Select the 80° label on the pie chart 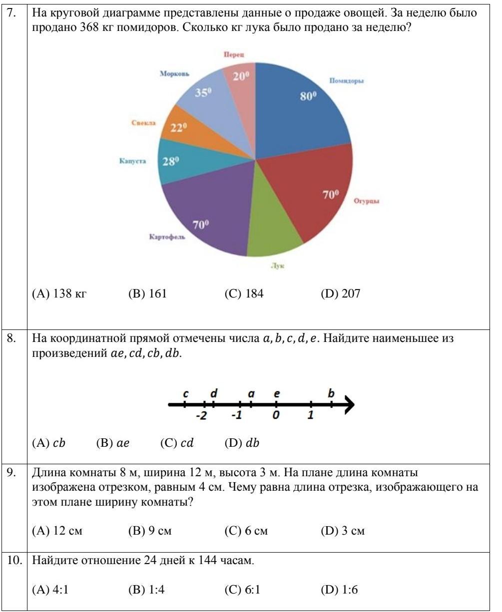[308, 96]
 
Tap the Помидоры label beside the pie [346, 81]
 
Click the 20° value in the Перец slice [241, 76]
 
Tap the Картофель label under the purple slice [167, 237]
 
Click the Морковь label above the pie [174, 73]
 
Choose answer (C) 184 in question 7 [244, 294]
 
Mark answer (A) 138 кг [59, 294]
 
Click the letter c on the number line [185, 394]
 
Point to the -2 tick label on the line [201, 416]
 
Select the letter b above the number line [331, 393]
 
